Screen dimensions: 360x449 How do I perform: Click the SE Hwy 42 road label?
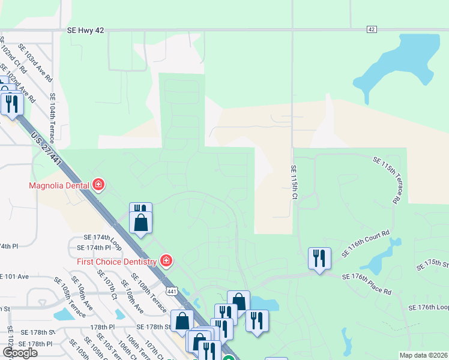(87, 30)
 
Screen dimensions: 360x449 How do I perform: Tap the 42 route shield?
(372, 29)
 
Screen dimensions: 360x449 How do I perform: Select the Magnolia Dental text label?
(59, 185)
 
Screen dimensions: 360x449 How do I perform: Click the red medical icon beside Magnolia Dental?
(98, 185)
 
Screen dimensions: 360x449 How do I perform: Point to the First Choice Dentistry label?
(116, 262)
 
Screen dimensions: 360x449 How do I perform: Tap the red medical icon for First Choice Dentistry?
(166, 261)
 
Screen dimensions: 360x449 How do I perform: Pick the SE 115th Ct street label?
(294, 182)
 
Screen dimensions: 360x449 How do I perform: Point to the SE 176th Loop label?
(428, 307)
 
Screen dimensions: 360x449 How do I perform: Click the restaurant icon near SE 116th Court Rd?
(319, 259)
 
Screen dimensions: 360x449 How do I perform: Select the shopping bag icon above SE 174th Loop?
(140, 222)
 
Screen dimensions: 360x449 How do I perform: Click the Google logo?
(20, 353)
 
